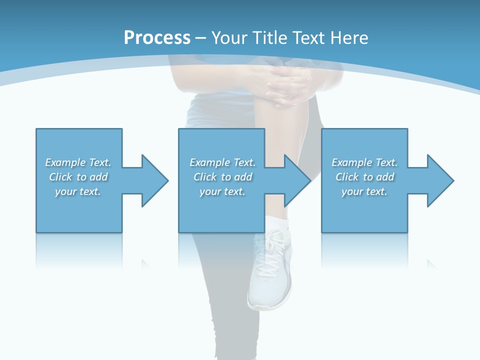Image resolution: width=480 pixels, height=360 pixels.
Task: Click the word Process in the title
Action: [157, 37]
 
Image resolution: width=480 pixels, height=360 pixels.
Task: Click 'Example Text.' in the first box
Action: [78, 162]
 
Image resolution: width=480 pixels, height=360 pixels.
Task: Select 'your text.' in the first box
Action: [78, 191]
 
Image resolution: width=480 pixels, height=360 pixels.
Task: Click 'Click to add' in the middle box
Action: [222, 177]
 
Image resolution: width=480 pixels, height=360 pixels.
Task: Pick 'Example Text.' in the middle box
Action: [222, 162]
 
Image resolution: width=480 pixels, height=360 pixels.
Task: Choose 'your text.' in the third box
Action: [364, 191]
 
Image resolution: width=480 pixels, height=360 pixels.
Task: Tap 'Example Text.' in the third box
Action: [364, 162]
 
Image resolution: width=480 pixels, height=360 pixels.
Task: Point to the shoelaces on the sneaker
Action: [272, 250]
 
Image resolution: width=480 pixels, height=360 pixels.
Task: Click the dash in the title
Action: [200, 38]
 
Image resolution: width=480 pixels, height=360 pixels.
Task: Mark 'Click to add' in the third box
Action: [364, 177]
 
